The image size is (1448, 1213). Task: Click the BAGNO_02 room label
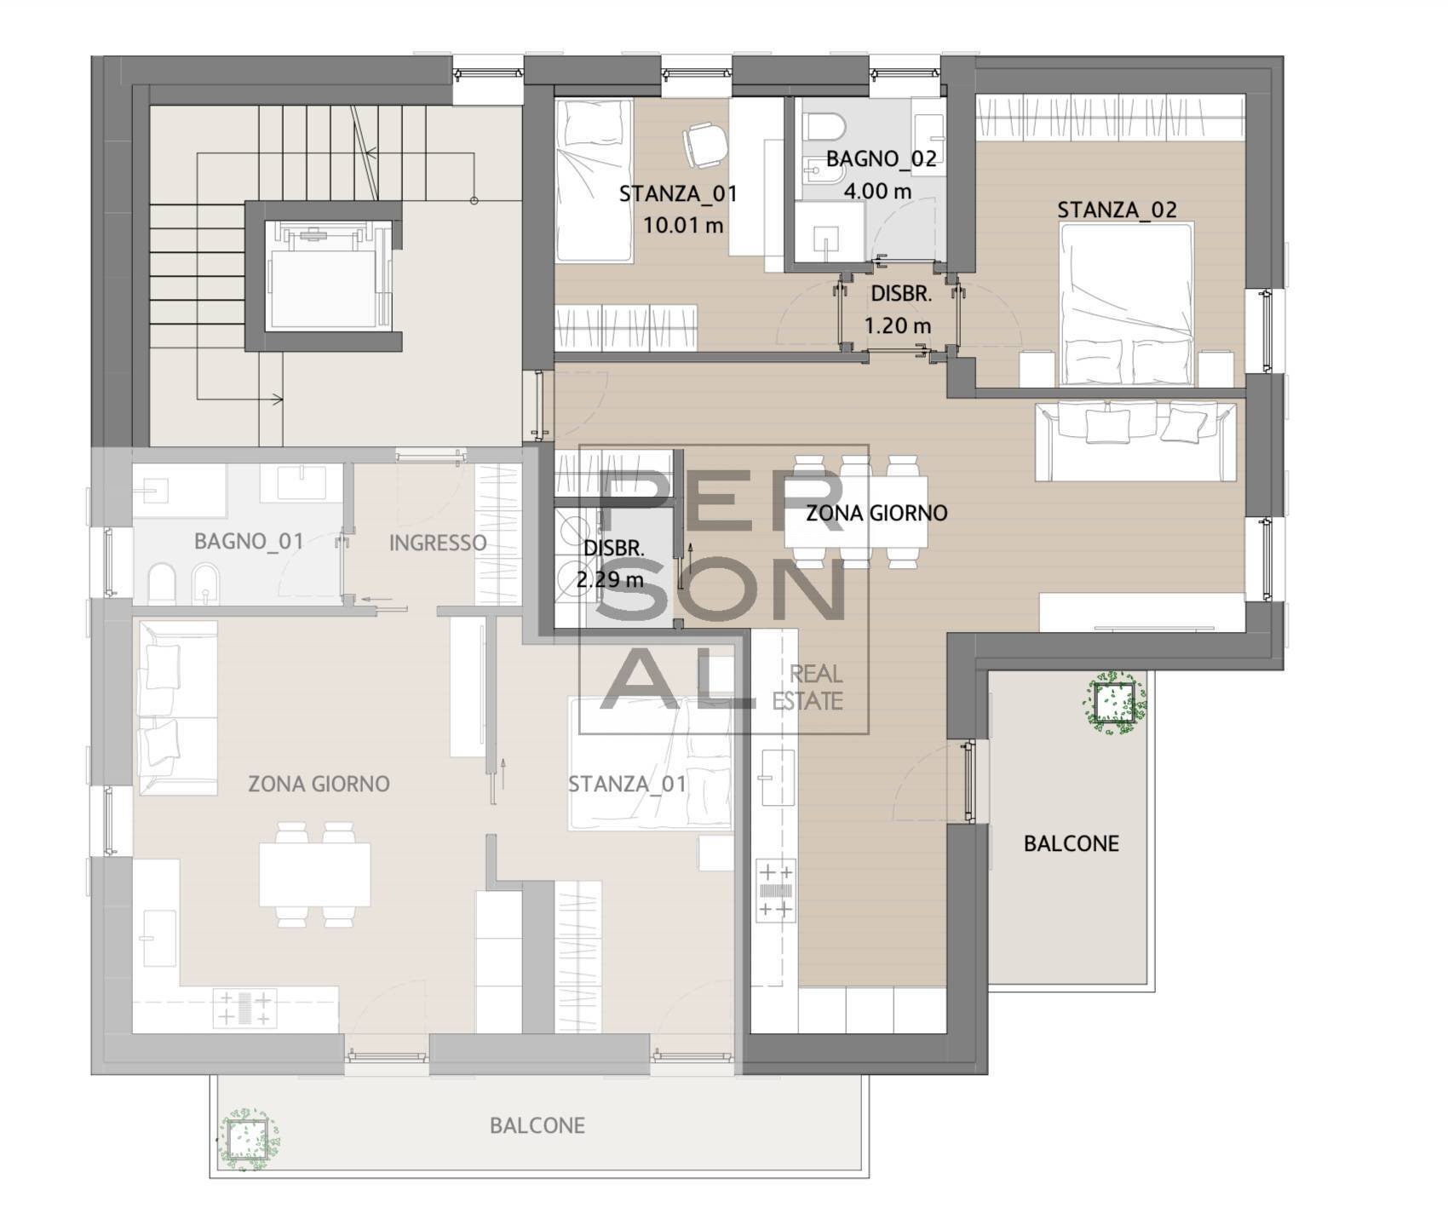click(x=881, y=158)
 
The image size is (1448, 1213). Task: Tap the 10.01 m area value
click(x=683, y=226)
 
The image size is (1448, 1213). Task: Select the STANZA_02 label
click(x=1117, y=210)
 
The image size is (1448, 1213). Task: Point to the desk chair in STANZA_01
click(x=706, y=142)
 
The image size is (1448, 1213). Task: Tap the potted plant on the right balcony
click(x=1114, y=701)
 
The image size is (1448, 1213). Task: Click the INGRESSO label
click(x=438, y=543)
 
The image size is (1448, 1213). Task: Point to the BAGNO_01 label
click(x=249, y=541)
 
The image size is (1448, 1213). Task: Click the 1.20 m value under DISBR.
click(x=898, y=325)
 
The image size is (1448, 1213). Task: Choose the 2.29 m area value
click(x=610, y=580)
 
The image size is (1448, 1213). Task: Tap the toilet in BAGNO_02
click(x=825, y=129)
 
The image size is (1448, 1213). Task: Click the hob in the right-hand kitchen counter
click(x=775, y=891)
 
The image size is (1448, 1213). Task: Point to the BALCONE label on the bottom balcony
click(x=537, y=1125)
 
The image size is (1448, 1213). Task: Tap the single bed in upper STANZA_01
click(x=594, y=181)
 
